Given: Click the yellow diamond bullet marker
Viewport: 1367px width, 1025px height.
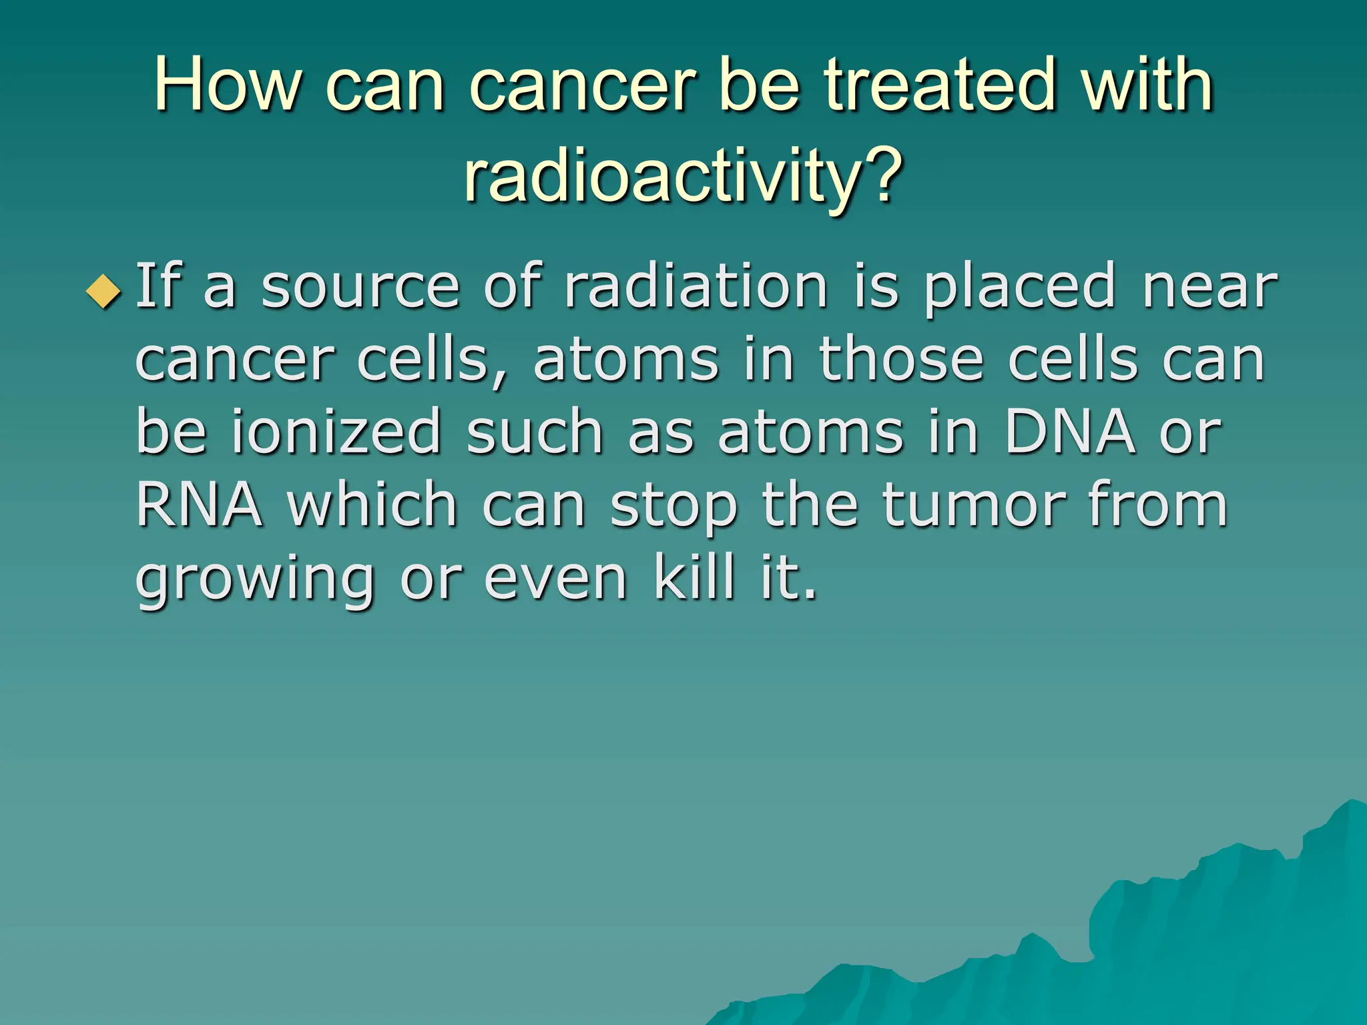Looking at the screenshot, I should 104,292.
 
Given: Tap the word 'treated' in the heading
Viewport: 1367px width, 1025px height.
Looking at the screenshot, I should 941,85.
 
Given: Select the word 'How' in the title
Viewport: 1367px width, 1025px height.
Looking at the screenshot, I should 227,85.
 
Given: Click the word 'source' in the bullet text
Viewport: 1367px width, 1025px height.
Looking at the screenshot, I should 360,288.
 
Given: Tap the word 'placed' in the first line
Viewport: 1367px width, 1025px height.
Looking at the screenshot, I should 1020,288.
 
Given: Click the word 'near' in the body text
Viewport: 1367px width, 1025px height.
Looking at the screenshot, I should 1209,288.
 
